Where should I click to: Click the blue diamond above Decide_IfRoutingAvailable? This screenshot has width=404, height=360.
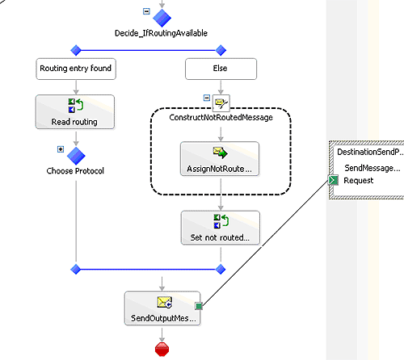tap(162, 18)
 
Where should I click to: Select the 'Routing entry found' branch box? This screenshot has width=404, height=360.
tap(76, 69)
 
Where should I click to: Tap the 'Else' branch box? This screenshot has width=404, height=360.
tap(221, 69)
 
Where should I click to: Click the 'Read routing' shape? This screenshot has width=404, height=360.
tap(75, 111)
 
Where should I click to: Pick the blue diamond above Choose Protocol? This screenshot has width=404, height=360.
tap(76, 156)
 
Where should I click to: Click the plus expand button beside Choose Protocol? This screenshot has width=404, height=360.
tap(61, 149)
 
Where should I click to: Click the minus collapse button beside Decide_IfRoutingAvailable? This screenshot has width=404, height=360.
tap(146, 11)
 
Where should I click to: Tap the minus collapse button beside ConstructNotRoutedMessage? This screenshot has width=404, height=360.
tap(207, 98)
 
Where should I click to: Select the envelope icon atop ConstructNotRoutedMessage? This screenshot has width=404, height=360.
tap(221, 103)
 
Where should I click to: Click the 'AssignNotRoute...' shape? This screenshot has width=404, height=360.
tap(220, 159)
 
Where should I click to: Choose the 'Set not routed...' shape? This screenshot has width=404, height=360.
tap(221, 228)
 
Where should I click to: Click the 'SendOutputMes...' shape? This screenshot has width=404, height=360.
tap(162, 308)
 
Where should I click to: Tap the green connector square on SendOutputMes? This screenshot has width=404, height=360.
tap(199, 306)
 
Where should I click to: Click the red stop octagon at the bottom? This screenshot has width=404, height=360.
tap(162, 350)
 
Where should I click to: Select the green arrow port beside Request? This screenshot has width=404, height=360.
tap(333, 180)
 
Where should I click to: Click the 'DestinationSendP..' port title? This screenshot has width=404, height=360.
tap(370, 152)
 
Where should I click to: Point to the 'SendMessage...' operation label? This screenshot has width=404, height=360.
tap(372, 168)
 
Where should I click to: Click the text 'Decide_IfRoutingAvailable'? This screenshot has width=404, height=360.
tap(161, 33)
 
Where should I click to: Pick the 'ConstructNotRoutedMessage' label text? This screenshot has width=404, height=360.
tap(221, 118)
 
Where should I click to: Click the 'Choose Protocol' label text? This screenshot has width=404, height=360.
tap(75, 171)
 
